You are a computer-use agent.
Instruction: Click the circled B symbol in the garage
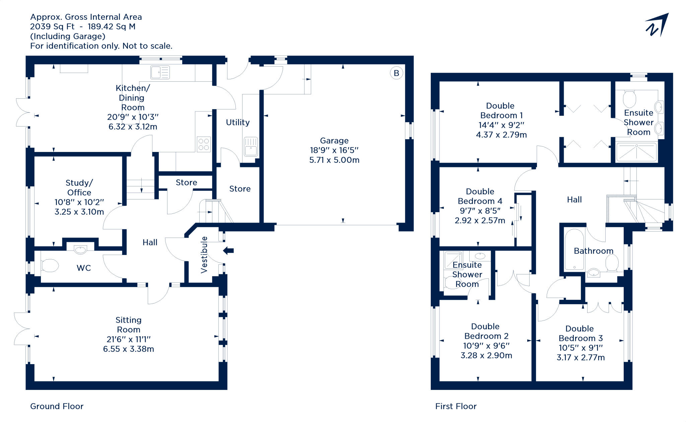pos(396,73)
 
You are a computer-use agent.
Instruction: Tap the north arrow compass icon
pos(657,25)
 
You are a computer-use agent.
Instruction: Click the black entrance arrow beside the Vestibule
pos(228,250)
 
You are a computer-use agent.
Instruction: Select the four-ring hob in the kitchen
pos(204,144)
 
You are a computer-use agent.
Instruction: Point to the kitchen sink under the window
pos(160,72)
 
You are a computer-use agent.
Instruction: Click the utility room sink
pos(251,147)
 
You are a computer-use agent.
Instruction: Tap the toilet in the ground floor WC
pos(50,266)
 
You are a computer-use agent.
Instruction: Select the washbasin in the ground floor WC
pos(80,250)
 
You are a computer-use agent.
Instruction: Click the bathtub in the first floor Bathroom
pos(574,249)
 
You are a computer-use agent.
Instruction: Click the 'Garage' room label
pos(334,141)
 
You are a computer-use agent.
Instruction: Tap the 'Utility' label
pos(238,122)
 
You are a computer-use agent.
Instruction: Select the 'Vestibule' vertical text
pos(204,255)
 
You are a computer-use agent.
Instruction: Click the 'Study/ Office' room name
pos(79,187)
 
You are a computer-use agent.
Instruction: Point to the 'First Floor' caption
pos(456,406)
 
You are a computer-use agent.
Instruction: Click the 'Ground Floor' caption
pos(57,406)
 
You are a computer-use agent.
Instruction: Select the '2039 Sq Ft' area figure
pos(52,27)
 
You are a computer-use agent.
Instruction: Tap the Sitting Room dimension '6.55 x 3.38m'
pos(129,349)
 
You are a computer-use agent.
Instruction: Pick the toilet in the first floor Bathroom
pos(612,263)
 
